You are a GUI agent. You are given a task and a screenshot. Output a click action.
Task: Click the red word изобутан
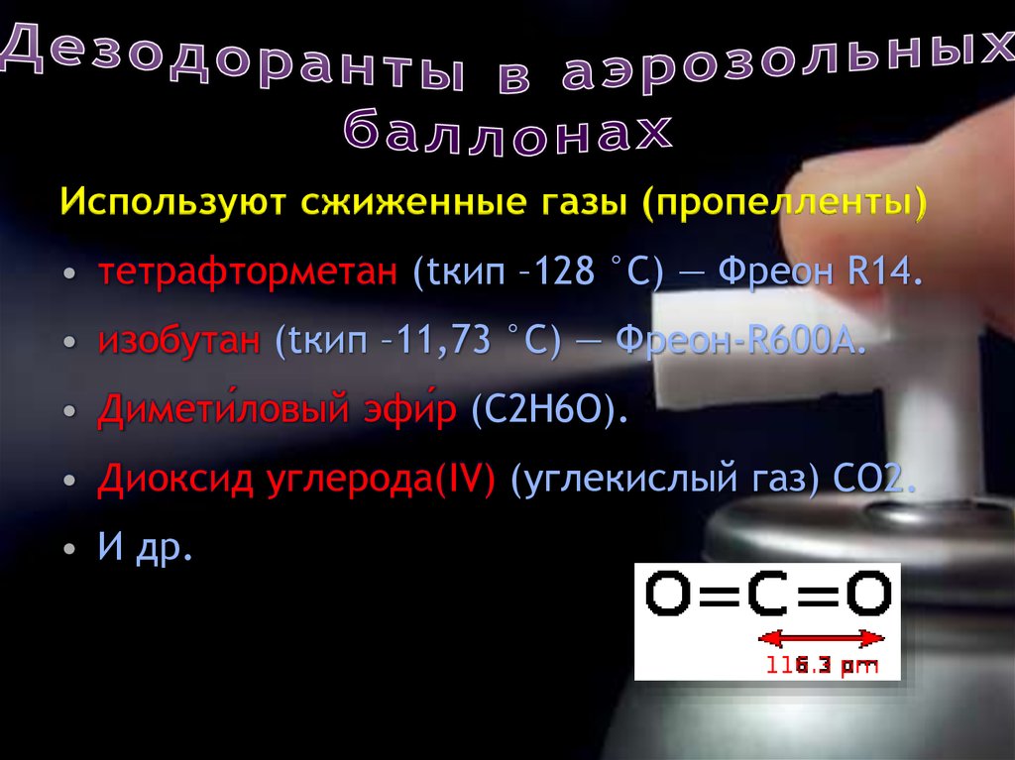(179, 341)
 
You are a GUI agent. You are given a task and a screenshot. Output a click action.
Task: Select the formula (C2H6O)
(549, 409)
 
